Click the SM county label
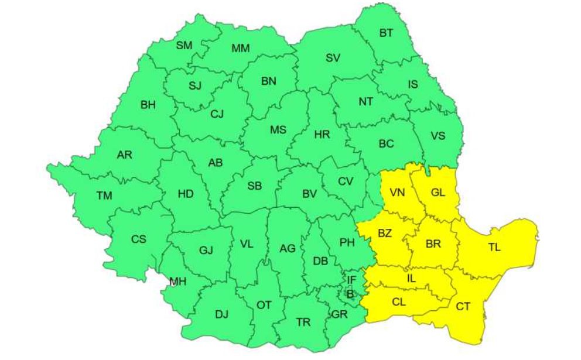(184, 45)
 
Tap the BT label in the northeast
(386, 33)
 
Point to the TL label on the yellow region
(494, 247)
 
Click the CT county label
(463, 306)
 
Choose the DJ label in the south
(221, 315)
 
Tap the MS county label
(278, 130)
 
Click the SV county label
(333, 58)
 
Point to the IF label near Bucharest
(351, 280)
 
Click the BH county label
(148, 105)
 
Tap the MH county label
(177, 282)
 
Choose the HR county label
(322, 135)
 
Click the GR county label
(339, 314)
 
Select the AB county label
(216, 164)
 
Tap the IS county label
(412, 84)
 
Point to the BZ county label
(384, 234)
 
